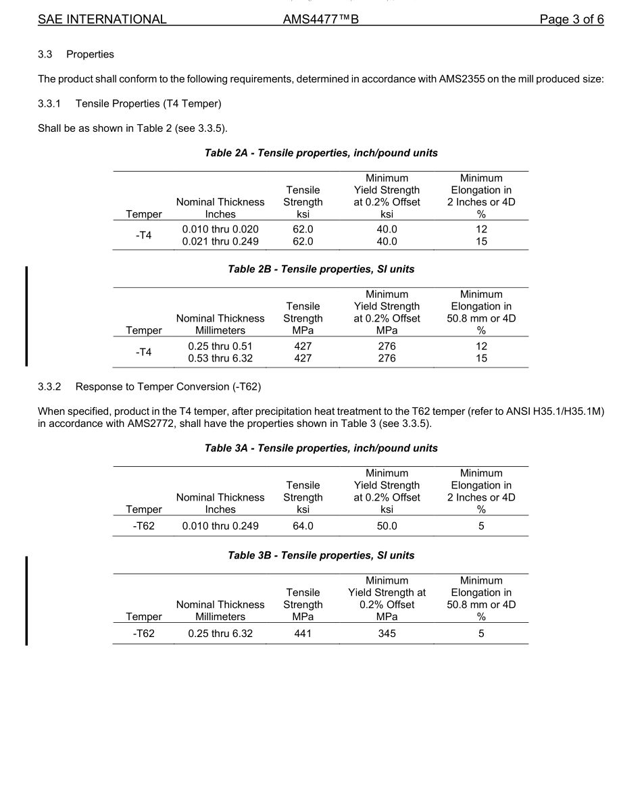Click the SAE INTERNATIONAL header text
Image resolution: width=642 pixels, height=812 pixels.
[x=102, y=20]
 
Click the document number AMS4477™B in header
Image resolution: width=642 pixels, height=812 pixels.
[x=320, y=20]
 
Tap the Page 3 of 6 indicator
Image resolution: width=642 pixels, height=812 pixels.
[x=571, y=20]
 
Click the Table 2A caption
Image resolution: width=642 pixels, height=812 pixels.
[x=321, y=153]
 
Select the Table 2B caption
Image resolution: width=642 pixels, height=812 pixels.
[x=321, y=269]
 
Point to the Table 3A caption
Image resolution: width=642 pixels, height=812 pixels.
[x=321, y=448]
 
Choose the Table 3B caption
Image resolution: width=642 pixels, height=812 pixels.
[x=321, y=555]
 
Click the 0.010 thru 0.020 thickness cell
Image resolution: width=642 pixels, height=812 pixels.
[x=220, y=229]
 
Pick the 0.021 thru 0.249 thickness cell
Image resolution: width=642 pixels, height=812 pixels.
[x=220, y=241]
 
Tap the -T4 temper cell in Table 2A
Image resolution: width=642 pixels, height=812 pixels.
[x=143, y=235]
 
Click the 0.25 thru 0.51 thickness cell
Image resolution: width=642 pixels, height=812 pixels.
[x=220, y=346]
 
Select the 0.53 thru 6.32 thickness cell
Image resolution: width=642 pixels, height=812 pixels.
[x=220, y=358]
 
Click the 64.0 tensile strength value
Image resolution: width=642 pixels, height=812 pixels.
[x=303, y=526]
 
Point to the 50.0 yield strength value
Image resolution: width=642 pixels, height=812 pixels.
[x=387, y=526]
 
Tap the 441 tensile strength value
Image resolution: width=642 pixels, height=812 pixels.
[x=303, y=633]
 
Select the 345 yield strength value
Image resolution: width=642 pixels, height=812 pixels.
[x=387, y=633]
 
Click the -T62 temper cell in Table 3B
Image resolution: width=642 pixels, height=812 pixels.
[x=143, y=633]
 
